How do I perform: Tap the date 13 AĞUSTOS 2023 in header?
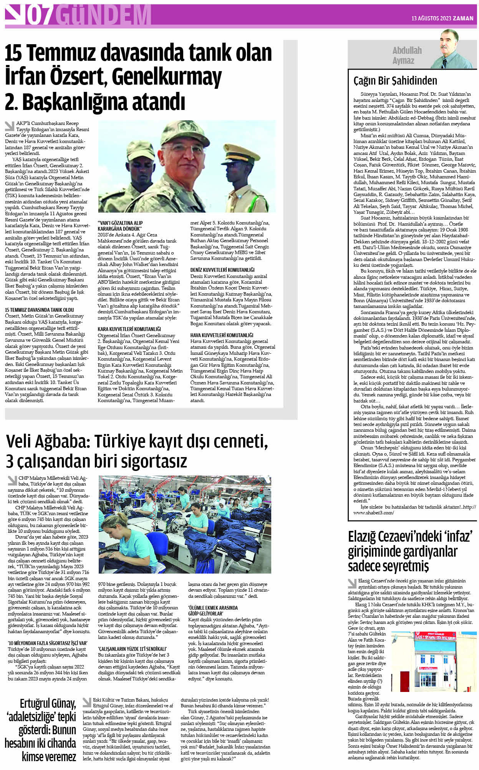431,18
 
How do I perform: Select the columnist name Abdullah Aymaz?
407,55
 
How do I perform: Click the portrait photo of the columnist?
453,49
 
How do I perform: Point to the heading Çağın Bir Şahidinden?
395,81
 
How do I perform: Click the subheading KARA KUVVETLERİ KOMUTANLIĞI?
129,329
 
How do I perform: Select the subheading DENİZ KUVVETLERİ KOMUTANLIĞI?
222,270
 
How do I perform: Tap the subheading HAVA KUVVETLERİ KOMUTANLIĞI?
222,335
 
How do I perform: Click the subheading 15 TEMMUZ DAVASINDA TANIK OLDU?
40,310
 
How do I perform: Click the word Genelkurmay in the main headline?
167,77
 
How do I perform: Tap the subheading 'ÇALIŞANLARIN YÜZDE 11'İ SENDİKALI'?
133,649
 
